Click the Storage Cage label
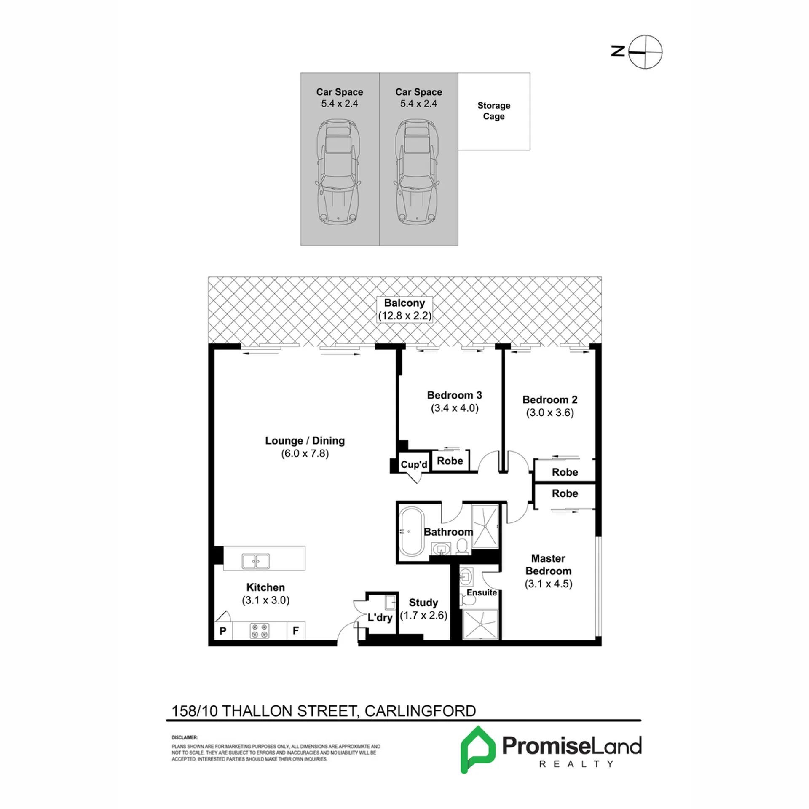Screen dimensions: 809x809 point(493,111)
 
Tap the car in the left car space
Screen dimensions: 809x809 point(338,172)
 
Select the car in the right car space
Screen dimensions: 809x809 point(417,172)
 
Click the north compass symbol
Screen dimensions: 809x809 point(645,52)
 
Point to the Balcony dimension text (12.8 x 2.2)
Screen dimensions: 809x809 point(404,316)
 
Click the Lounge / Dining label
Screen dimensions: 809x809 point(305,440)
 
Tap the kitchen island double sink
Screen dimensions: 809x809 point(256,561)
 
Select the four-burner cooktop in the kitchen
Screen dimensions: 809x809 point(260,631)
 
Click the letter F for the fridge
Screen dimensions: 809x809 point(296,630)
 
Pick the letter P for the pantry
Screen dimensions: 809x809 point(223,631)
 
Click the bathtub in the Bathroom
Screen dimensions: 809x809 point(412,532)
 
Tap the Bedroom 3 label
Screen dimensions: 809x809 point(455,395)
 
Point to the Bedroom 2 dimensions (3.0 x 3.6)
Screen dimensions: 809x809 point(550,413)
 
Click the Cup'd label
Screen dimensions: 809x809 point(414,464)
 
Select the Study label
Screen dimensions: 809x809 point(423,603)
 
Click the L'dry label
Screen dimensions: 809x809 point(380,617)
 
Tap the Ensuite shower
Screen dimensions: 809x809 point(480,624)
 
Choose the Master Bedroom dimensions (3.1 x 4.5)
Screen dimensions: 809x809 point(548,584)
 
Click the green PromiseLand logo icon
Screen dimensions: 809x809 point(478,750)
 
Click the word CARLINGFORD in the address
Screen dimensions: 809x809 point(420,711)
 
